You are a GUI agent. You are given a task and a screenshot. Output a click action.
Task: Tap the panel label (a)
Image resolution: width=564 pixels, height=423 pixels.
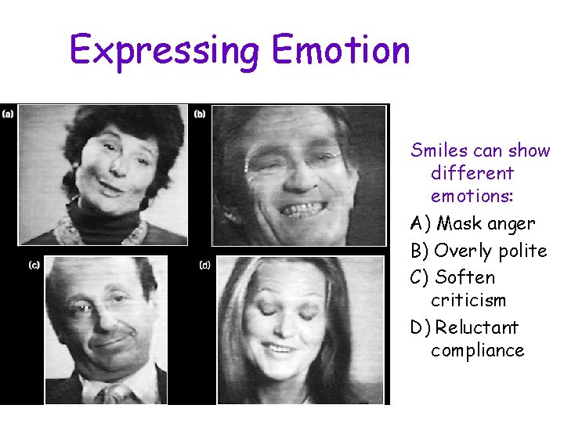point(8,114)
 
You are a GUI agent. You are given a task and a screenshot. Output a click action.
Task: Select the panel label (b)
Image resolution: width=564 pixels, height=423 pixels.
point(201,114)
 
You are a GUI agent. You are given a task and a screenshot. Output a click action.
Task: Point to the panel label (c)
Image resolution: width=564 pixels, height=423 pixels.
point(34,266)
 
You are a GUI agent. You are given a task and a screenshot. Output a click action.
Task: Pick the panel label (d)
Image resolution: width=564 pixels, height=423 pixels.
point(205,266)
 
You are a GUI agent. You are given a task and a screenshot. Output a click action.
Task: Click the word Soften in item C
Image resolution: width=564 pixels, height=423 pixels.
point(465,277)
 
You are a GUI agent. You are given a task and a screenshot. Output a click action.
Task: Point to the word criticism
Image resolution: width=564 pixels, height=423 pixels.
point(468,300)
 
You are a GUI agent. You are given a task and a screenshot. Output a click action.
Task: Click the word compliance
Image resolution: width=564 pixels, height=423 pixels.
point(477,350)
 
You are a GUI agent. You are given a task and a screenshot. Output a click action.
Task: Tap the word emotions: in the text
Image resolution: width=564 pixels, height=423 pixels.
point(472,196)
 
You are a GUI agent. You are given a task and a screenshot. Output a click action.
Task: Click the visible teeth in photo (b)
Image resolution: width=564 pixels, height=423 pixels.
point(303,209)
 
